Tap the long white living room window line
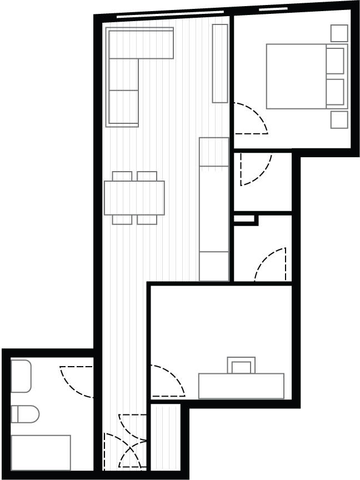coord(170,14)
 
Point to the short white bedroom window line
coord(273,9)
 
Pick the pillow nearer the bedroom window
coord(335,61)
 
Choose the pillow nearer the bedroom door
coord(335,92)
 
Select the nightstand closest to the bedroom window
coord(339,33)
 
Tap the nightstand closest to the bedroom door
coord(339,119)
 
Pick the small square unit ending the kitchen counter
coord(214,267)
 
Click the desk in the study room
coord(241,386)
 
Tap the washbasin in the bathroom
coord(21,376)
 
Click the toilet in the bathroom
coord(25,414)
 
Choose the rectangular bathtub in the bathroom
coord(41,452)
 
